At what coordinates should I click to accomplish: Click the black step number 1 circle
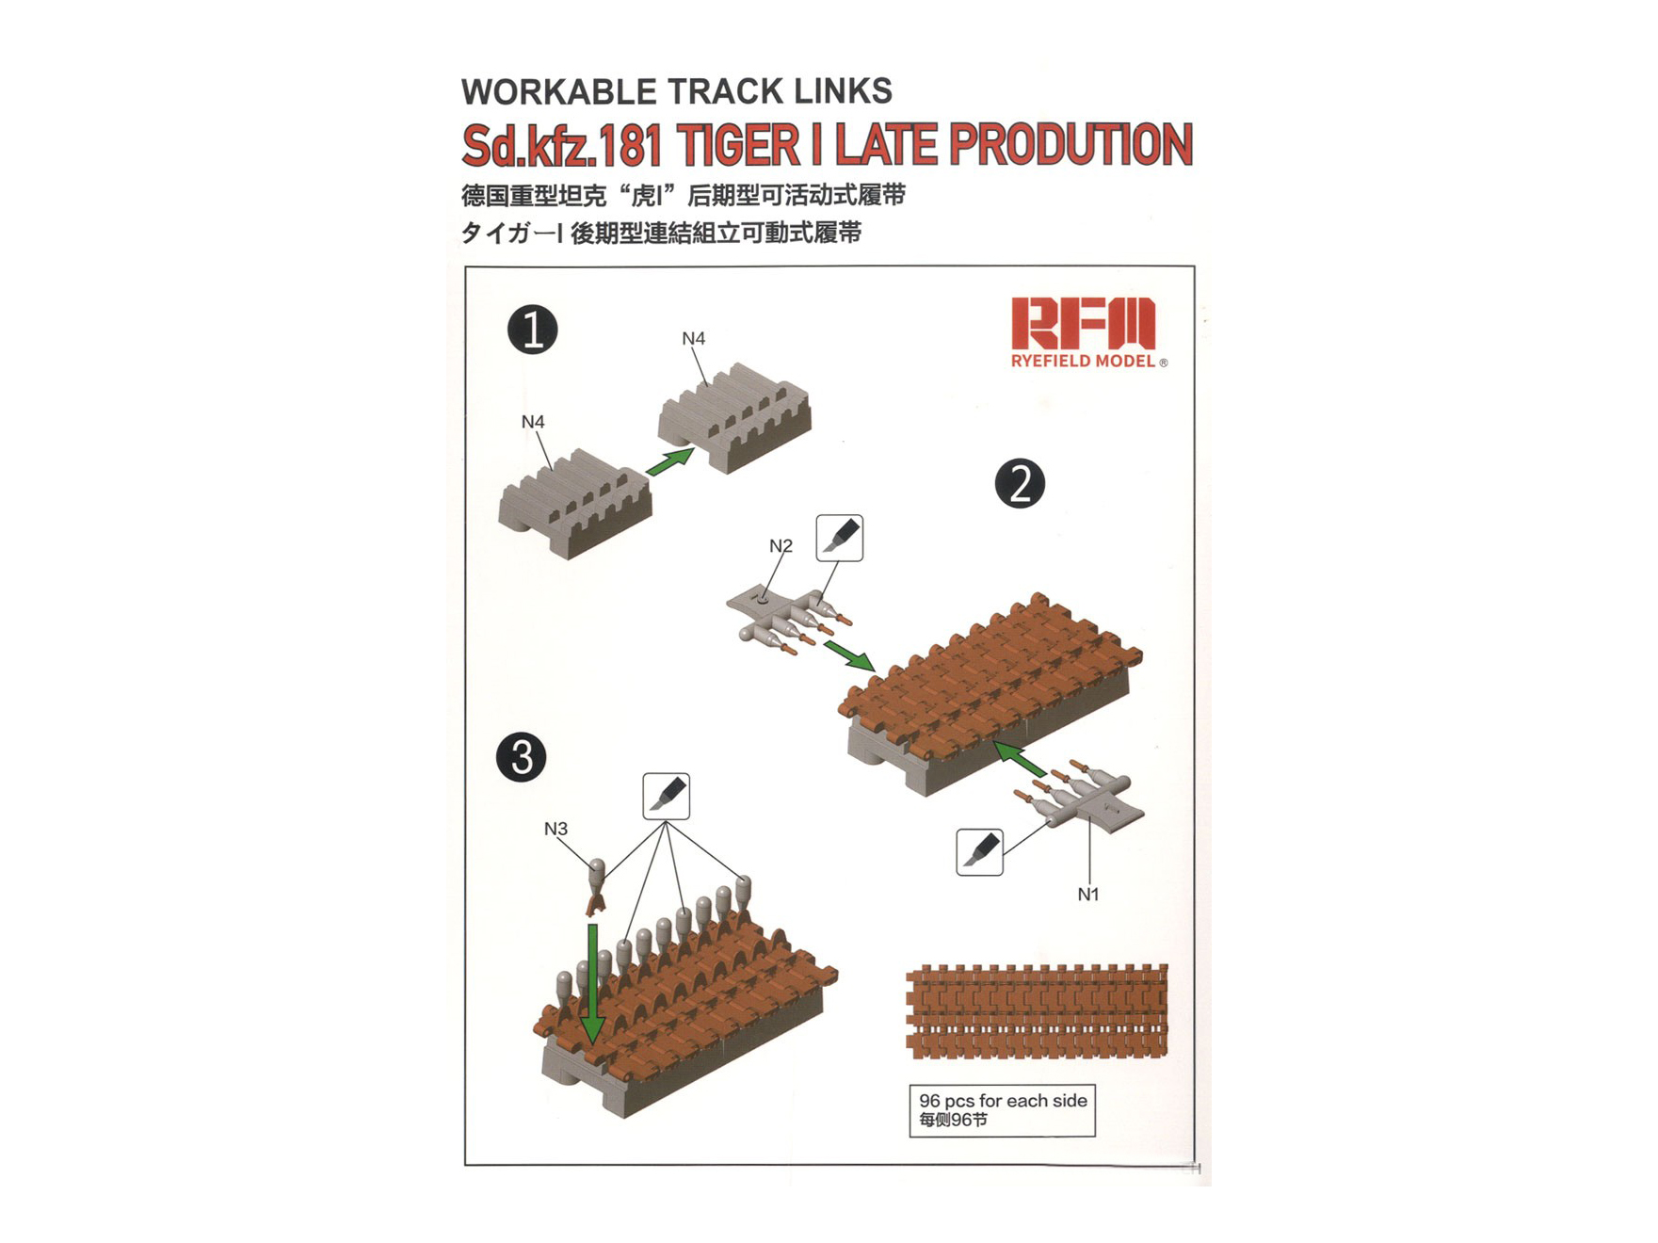(x=533, y=331)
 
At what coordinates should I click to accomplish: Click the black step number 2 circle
(x=1020, y=484)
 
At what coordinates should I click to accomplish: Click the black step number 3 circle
(x=522, y=757)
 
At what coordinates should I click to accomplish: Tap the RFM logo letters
(x=1083, y=324)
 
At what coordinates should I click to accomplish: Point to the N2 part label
(x=781, y=546)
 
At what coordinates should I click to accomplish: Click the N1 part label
(x=1088, y=895)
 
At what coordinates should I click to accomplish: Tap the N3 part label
(x=555, y=829)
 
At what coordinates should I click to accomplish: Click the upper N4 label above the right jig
(x=693, y=338)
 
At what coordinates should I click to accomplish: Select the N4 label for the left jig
(x=533, y=422)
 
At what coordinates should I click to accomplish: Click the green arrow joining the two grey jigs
(x=670, y=461)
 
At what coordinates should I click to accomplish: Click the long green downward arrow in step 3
(x=593, y=983)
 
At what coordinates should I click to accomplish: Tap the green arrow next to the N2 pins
(x=849, y=655)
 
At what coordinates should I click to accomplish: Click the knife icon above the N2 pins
(x=840, y=538)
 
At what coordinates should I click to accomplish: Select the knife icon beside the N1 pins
(x=979, y=852)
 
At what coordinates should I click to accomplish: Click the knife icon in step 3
(x=667, y=797)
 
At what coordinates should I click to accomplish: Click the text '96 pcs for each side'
(x=1003, y=1101)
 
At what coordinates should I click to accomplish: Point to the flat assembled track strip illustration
(x=1037, y=1010)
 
